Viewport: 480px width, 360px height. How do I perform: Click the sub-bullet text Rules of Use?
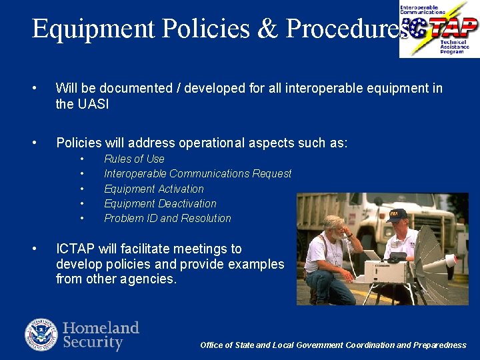click(x=134, y=159)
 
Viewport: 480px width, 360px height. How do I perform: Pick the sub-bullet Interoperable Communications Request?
click(x=197, y=173)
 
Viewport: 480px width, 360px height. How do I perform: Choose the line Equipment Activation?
click(x=153, y=189)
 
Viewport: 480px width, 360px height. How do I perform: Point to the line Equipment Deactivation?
click(x=160, y=203)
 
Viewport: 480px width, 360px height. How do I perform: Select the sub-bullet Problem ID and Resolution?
click(x=167, y=218)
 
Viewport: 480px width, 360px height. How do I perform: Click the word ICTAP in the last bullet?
click(x=75, y=249)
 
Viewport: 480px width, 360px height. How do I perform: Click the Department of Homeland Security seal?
click(x=41, y=335)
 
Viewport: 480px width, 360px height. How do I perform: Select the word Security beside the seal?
click(x=93, y=343)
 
